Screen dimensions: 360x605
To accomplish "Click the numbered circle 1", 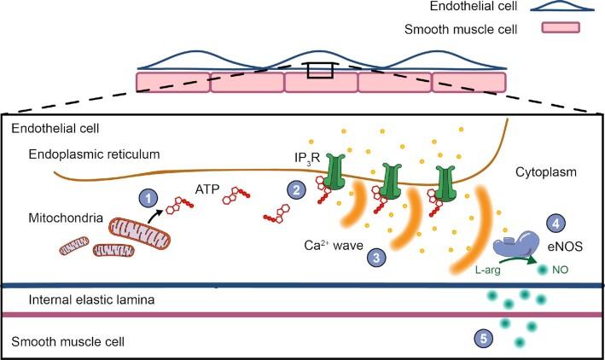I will click(149, 197).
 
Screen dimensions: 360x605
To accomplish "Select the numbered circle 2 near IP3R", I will click(295, 190).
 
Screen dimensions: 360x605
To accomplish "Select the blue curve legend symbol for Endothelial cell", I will click(559, 8).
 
